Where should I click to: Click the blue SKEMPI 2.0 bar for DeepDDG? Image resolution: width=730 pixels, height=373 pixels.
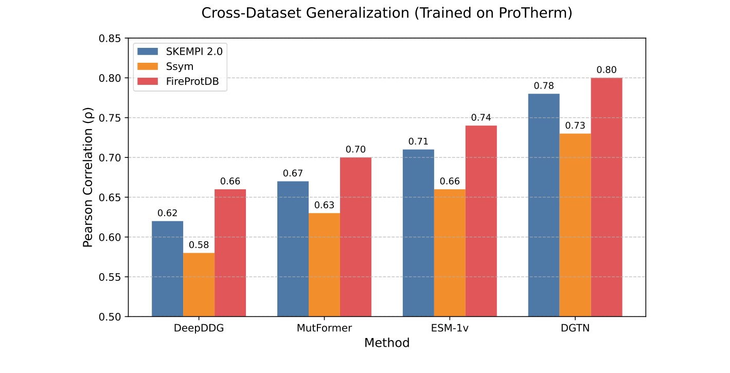(x=167, y=269)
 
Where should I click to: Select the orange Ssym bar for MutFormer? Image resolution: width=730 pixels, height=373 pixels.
(x=324, y=264)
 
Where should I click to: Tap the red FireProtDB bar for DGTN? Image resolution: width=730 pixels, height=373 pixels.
(x=607, y=197)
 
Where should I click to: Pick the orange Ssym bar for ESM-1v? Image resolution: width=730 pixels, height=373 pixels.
(x=450, y=253)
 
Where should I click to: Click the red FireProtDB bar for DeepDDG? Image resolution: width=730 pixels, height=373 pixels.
(x=230, y=253)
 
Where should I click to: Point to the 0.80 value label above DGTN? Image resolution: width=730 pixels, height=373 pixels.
(x=607, y=70)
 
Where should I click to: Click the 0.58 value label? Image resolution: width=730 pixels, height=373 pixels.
(x=199, y=245)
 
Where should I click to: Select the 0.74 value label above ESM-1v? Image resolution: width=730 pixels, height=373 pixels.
(x=481, y=117)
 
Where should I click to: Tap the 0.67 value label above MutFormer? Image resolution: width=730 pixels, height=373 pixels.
(x=293, y=173)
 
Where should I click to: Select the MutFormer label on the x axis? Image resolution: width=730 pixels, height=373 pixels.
(x=324, y=328)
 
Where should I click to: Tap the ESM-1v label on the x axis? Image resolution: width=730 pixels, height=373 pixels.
(x=450, y=328)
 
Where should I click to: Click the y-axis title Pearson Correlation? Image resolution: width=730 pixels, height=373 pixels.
(x=88, y=177)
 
